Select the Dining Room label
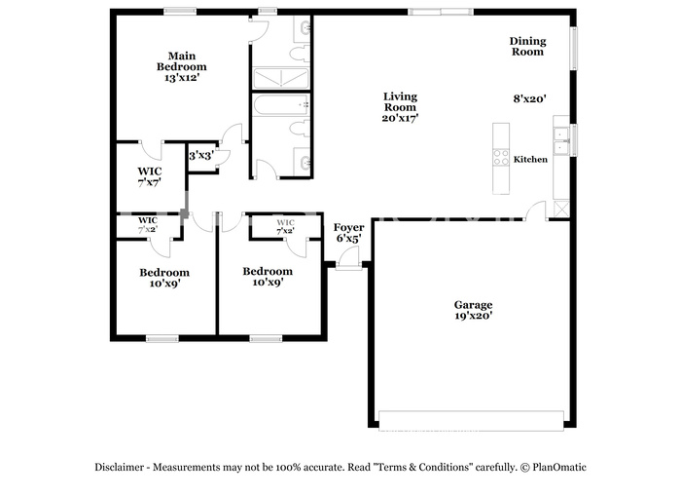(528, 47)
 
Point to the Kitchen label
(530, 159)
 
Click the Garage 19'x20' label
(473, 310)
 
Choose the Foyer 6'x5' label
(349, 233)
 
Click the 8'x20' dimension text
(530, 98)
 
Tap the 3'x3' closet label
(200, 155)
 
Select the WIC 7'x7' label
(149, 176)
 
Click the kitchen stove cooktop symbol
(501, 156)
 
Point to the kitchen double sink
(561, 137)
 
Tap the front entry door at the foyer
(349, 258)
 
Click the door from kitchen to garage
(536, 210)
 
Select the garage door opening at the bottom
(471, 421)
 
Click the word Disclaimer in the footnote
(122, 467)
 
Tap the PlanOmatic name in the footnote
(558, 467)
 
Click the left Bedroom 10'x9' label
(163, 278)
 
